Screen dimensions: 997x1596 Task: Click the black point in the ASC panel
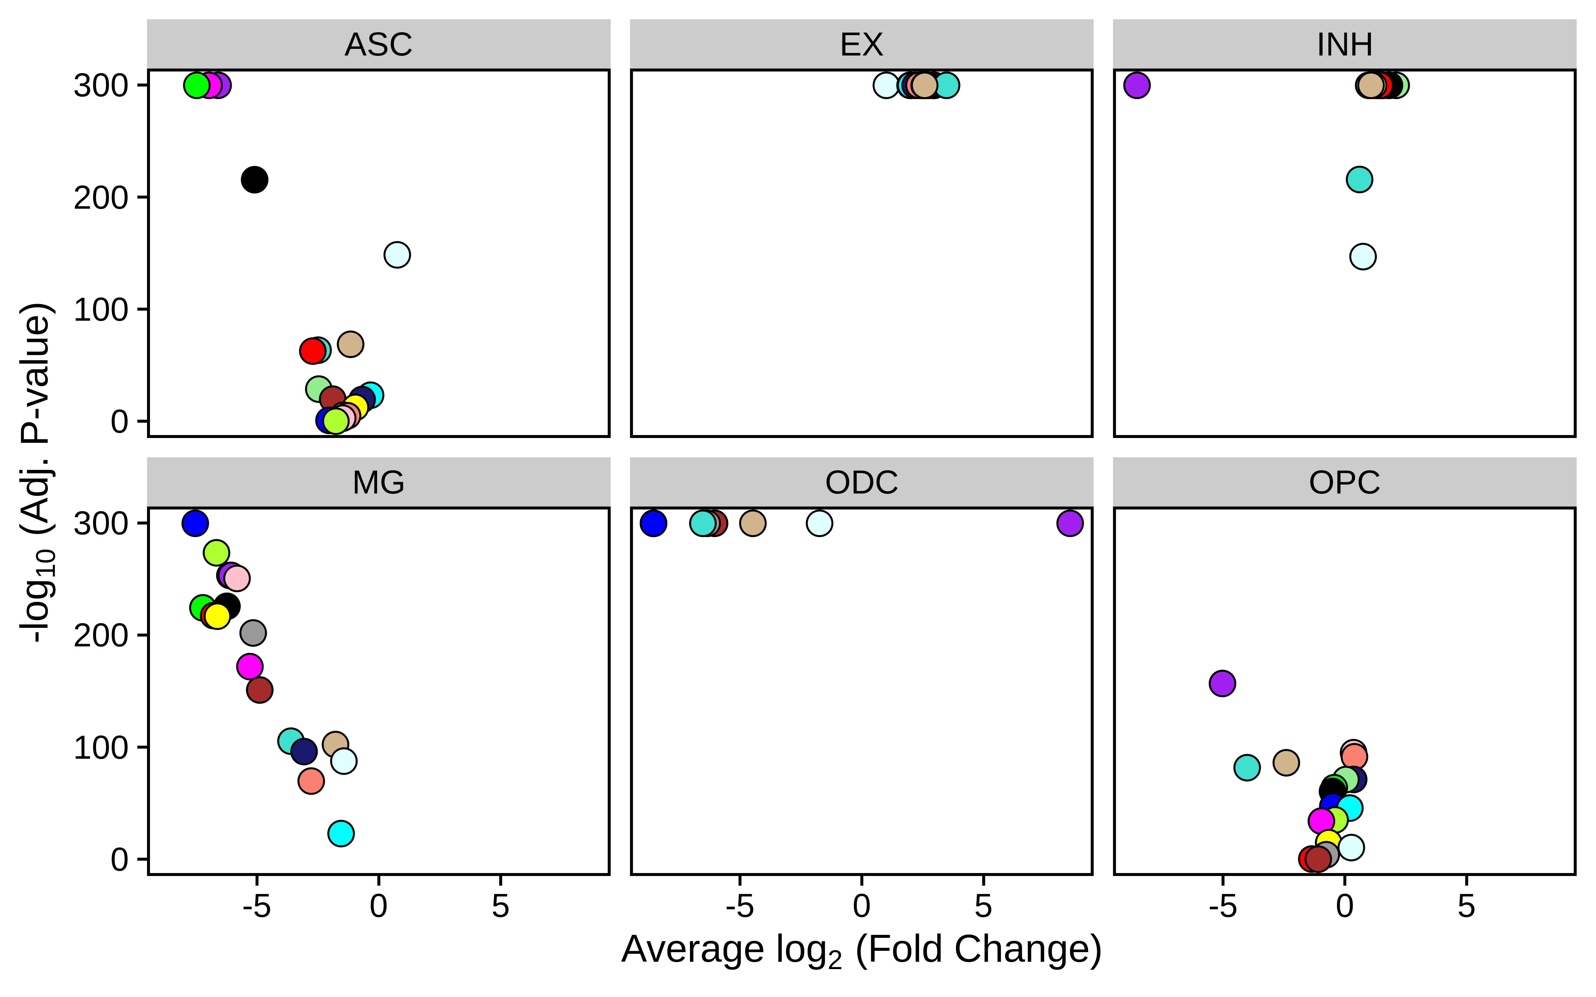(x=255, y=179)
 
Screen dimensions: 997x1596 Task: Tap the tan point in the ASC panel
(x=350, y=344)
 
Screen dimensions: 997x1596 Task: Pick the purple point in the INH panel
(x=1136, y=85)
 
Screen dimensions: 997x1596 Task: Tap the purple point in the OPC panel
(x=1222, y=683)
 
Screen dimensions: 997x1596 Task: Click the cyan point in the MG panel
(x=341, y=833)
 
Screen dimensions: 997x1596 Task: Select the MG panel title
(x=379, y=483)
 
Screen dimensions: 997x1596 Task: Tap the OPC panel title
(x=1344, y=483)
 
